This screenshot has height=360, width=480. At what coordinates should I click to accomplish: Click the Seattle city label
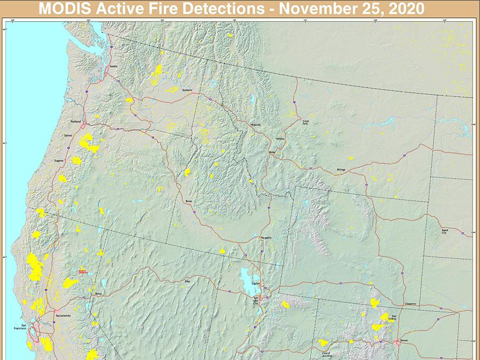pos(113,66)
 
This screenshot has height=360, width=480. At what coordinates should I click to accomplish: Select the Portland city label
pos(75,122)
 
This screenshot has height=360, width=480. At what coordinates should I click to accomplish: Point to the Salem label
pos(67,135)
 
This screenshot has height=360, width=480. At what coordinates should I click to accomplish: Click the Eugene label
pos(59,161)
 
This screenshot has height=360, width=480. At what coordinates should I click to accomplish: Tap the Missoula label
pos(255,125)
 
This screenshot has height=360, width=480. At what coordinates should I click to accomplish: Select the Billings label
pos(341,169)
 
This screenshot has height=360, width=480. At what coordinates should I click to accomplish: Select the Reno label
pos(98,294)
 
